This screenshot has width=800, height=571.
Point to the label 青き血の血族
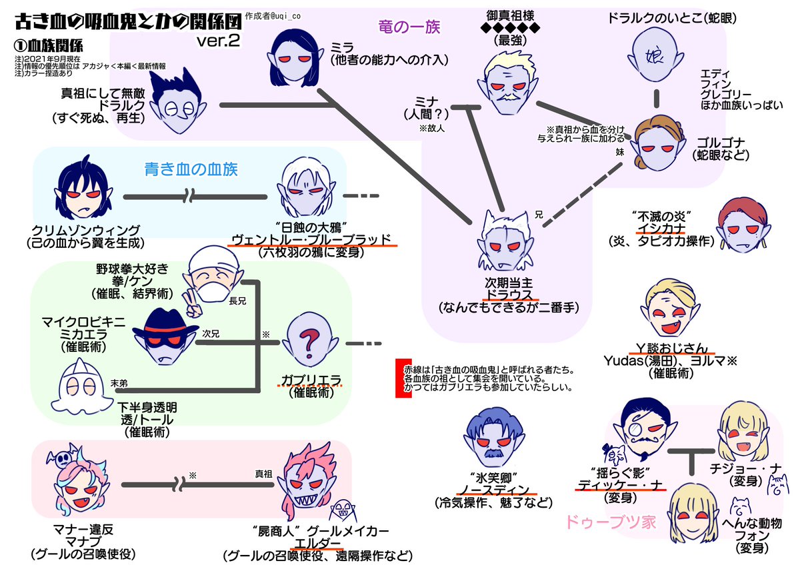(191, 169)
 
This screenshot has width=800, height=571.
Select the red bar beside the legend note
(400, 378)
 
